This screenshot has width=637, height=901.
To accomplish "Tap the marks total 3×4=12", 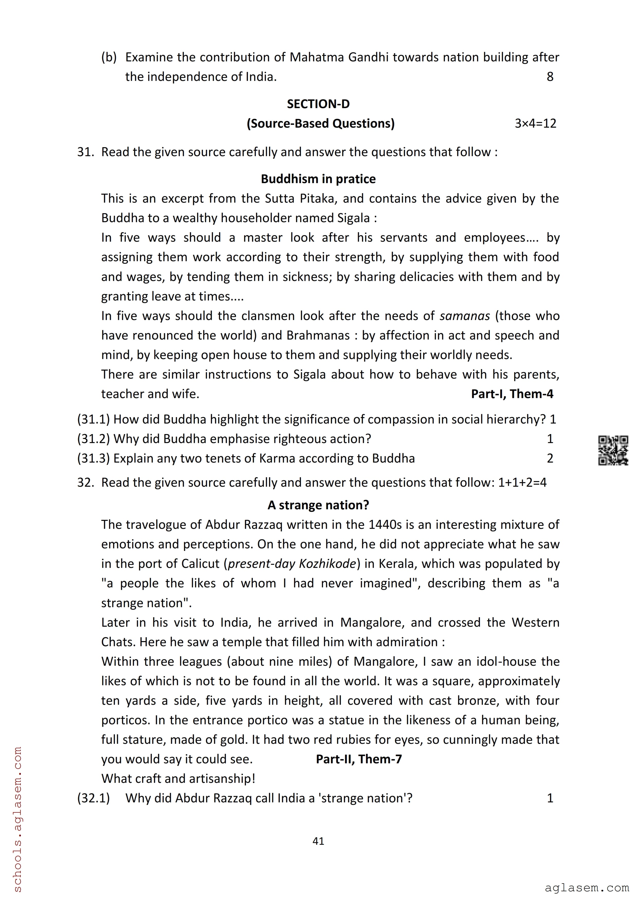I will tap(535, 124).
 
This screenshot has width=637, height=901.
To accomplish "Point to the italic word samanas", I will tap(465, 316).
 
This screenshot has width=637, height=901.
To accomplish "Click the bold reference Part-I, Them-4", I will tap(512, 394).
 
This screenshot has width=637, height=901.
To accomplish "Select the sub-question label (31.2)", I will tap(94, 439).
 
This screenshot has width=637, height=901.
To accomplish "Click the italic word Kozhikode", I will tap(327, 564).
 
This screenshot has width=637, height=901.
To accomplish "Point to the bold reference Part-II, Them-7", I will tap(359, 759).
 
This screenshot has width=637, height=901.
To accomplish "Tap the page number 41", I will tap(318, 841).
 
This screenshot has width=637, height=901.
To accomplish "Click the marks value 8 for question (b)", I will tap(550, 77).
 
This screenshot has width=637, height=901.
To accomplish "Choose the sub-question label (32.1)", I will tap(94, 798).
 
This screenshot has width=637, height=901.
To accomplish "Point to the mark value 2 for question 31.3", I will tap(550, 458).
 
